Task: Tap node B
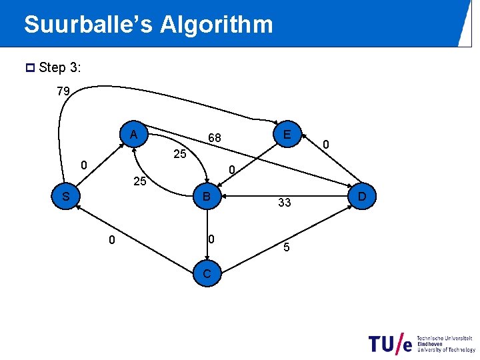coord(207,197)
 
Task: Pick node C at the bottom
coord(208,274)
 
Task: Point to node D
coord(362,197)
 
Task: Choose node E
coord(287,135)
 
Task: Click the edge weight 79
coord(64,91)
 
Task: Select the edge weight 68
coord(214,138)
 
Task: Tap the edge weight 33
coord(285,203)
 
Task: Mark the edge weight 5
coord(286,249)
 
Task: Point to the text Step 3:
coord(59,67)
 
